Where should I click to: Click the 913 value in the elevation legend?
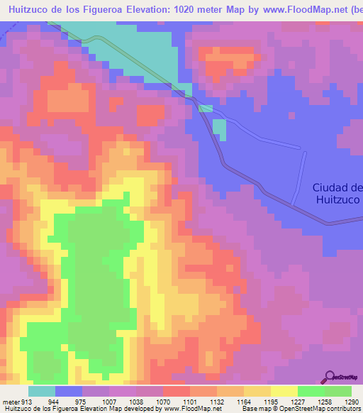point(26,401)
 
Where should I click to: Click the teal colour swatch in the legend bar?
point(42,391)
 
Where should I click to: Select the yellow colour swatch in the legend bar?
point(284,391)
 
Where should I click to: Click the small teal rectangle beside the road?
point(220,130)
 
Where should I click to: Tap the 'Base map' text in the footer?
point(256,409)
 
